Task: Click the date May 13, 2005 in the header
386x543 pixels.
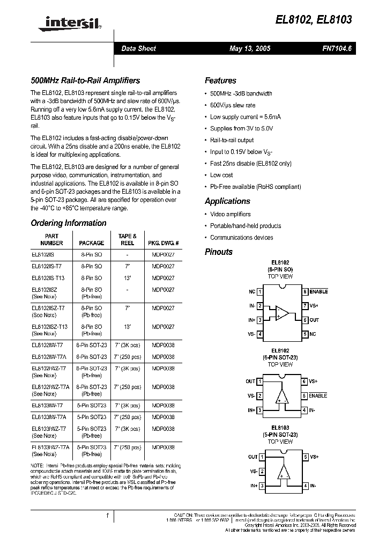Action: tap(250, 49)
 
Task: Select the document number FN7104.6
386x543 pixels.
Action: tap(337, 49)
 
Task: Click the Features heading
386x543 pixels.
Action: tap(220, 80)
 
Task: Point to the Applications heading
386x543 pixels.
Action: tap(227, 201)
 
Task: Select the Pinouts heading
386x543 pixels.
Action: tap(219, 252)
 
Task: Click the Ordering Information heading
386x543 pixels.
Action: tap(69, 223)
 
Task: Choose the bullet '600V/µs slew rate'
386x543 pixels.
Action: tap(233, 105)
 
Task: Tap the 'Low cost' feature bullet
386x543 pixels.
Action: tap(221, 175)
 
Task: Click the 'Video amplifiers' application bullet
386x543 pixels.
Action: tap(230, 214)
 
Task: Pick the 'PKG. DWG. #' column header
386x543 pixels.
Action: tap(163, 243)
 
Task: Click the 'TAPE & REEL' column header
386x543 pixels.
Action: tap(128, 239)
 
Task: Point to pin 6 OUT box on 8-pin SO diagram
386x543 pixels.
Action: tap(305, 320)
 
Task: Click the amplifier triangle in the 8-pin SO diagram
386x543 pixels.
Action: tap(281, 313)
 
